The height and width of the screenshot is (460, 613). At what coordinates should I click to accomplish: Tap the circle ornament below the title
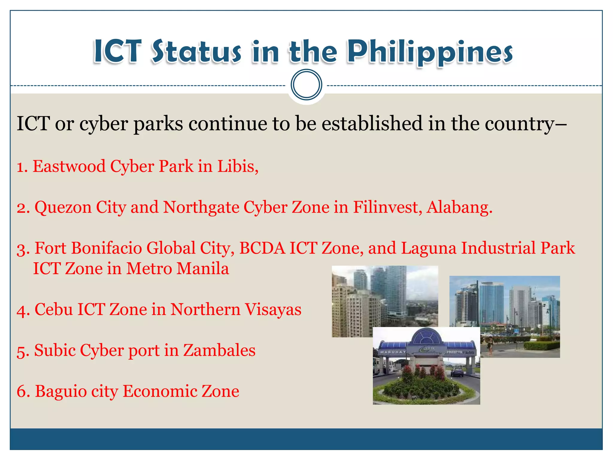pyautogui.click(x=306, y=85)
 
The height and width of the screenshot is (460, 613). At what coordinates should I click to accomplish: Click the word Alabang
pyautogui.click(x=459, y=207)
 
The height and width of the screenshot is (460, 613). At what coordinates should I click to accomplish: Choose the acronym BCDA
pyautogui.click(x=262, y=248)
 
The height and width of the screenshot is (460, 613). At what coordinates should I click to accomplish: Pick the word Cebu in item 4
pyautogui.click(x=54, y=309)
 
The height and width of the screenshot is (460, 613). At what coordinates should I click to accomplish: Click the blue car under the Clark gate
pyautogui.click(x=457, y=372)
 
